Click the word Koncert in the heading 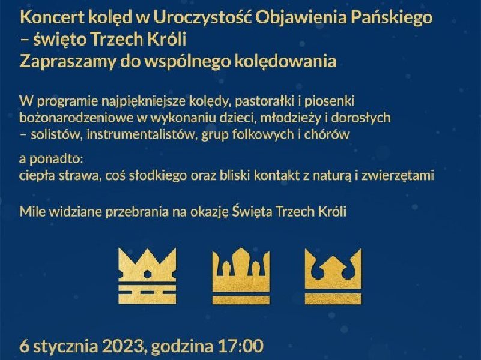(x=52, y=18)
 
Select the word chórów (x=327, y=134)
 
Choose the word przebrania (x=137, y=212)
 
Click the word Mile (x=32, y=212)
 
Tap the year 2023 (x=123, y=346)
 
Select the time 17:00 (x=240, y=346)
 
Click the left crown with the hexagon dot (x=147, y=276)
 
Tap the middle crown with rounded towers (x=241, y=276)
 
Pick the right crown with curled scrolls (x=333, y=276)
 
